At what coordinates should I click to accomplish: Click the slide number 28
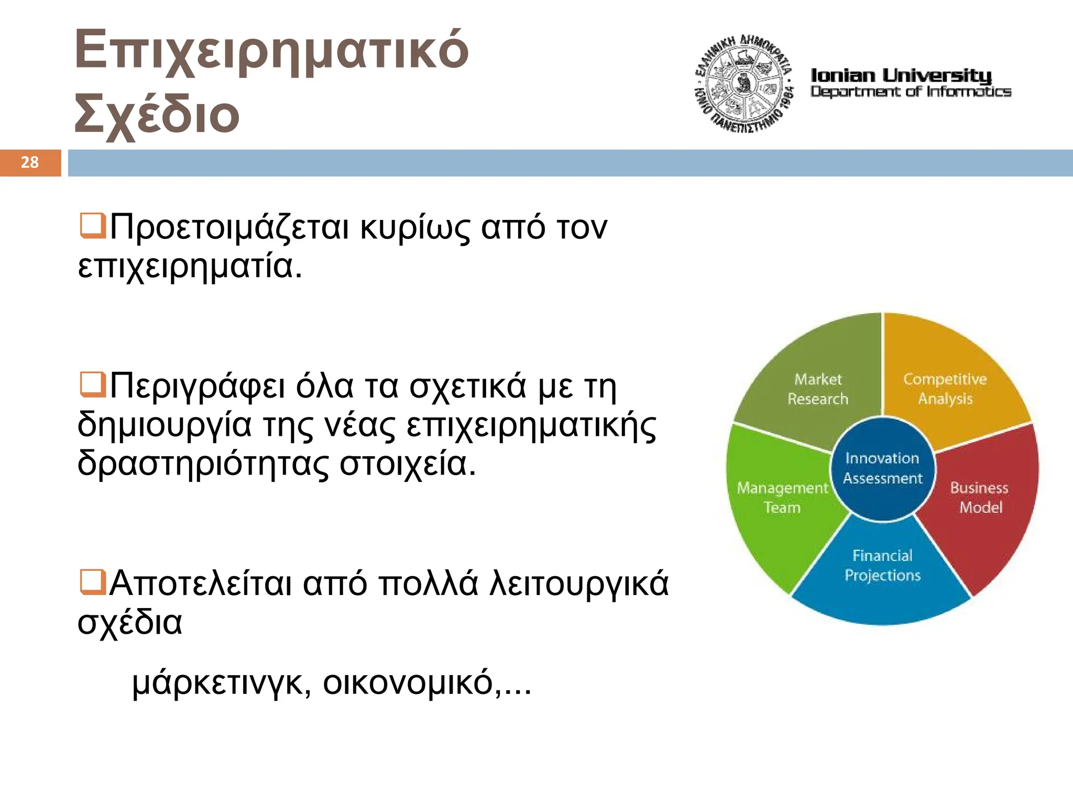point(30,162)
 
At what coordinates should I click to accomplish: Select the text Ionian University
point(901,75)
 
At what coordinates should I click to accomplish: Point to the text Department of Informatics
point(911,92)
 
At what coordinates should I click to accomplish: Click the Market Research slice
point(817,389)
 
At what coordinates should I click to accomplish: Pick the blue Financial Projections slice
point(883,566)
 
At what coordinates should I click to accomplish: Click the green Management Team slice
point(782,498)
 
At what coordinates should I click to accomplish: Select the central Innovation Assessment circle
point(883,468)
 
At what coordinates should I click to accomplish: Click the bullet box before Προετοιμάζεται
point(92,226)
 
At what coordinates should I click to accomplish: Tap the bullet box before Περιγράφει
point(92,384)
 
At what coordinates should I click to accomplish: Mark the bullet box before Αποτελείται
point(92,582)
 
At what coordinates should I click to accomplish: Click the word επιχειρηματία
point(190,267)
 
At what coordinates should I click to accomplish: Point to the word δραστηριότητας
point(203,464)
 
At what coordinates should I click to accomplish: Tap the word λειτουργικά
point(578,584)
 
